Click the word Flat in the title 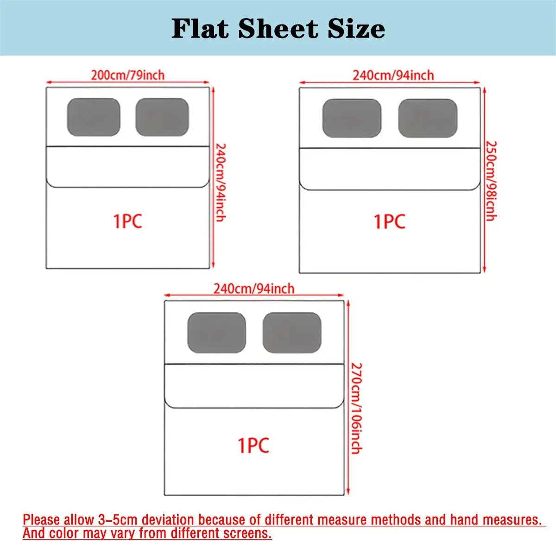200,28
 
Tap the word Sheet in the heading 278,28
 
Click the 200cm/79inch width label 128,76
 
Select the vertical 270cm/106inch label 357,409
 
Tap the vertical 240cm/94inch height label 221,183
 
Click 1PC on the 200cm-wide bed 127,221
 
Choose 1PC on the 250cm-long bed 390,222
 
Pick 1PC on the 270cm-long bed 253,445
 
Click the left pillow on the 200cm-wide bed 94,117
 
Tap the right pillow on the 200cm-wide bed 162,117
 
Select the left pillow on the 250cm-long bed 352,118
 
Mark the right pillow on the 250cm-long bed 428,118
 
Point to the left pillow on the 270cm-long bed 217,333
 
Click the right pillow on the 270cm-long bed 292,333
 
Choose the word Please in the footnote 42,520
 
